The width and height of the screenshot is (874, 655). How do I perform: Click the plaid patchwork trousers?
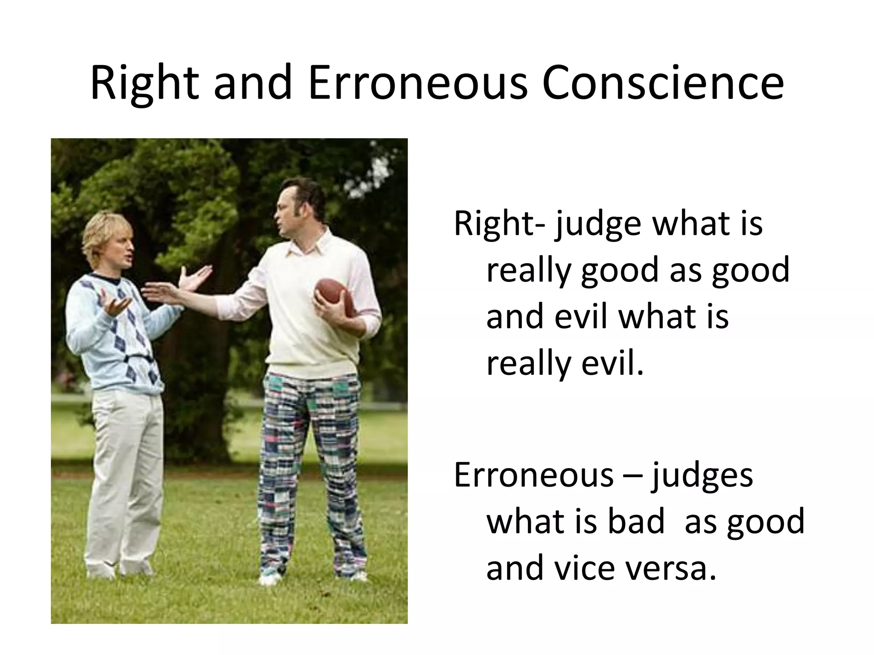[x=312, y=469]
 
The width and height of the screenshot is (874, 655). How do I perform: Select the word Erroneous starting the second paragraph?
[x=533, y=475]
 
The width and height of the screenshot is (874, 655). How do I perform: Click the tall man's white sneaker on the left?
[x=270, y=578]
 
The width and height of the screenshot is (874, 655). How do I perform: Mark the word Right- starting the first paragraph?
[x=499, y=223]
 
